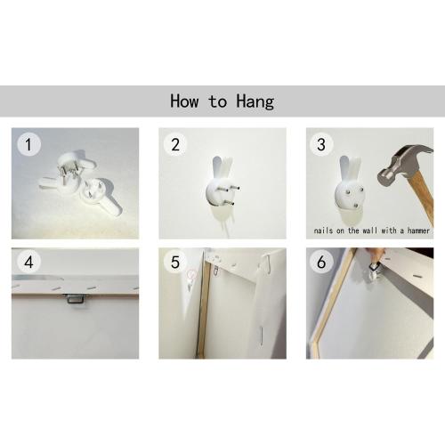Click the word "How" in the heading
click(184, 101)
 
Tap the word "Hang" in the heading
click(255, 102)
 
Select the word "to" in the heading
click(218, 101)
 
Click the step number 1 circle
click(28, 144)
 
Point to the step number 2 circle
click(175, 144)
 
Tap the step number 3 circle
click(321, 144)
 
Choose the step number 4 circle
click(28, 262)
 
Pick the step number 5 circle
click(175, 262)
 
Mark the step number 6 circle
click(321, 262)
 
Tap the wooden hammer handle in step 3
click(423, 198)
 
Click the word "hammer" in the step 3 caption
click(418, 231)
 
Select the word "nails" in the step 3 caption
click(323, 231)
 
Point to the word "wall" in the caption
click(370, 231)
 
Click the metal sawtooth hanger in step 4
click(74, 298)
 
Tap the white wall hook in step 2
click(221, 190)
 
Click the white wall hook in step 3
click(350, 190)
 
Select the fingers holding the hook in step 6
click(376, 255)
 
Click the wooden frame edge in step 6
click(331, 303)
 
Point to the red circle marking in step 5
click(192, 274)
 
